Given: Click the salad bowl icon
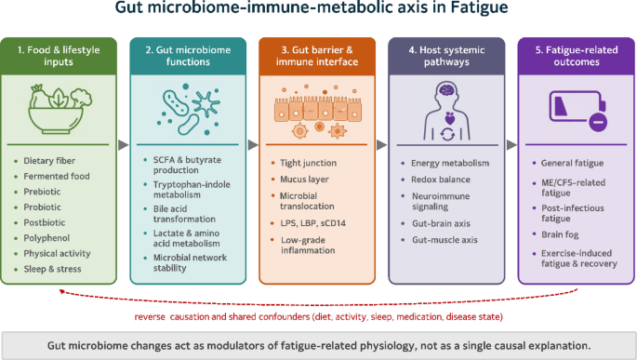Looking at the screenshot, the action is coord(60,109).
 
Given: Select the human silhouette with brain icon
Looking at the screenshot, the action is coord(447,111).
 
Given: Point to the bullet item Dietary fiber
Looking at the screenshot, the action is coord(49,161).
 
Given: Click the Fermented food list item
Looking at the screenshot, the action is coord(57,177).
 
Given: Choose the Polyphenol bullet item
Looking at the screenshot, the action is coord(46,238).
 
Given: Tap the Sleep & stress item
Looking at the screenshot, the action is coord(52,269).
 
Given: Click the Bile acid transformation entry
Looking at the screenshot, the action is coord(184,214).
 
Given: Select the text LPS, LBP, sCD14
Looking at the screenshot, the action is coord(312,223).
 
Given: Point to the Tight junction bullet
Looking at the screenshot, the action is coord(309,163).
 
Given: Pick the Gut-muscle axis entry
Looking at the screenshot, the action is coord(445,240).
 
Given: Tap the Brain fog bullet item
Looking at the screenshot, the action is coord(560,234).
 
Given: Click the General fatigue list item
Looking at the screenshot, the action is coord(572,163).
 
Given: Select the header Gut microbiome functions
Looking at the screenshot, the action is coord(188,56).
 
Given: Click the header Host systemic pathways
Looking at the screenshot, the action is coord(446,56).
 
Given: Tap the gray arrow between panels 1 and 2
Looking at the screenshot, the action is coord(124,144).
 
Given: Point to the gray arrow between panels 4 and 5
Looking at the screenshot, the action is coord(511,144).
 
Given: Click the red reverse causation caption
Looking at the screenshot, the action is coord(318,317).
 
